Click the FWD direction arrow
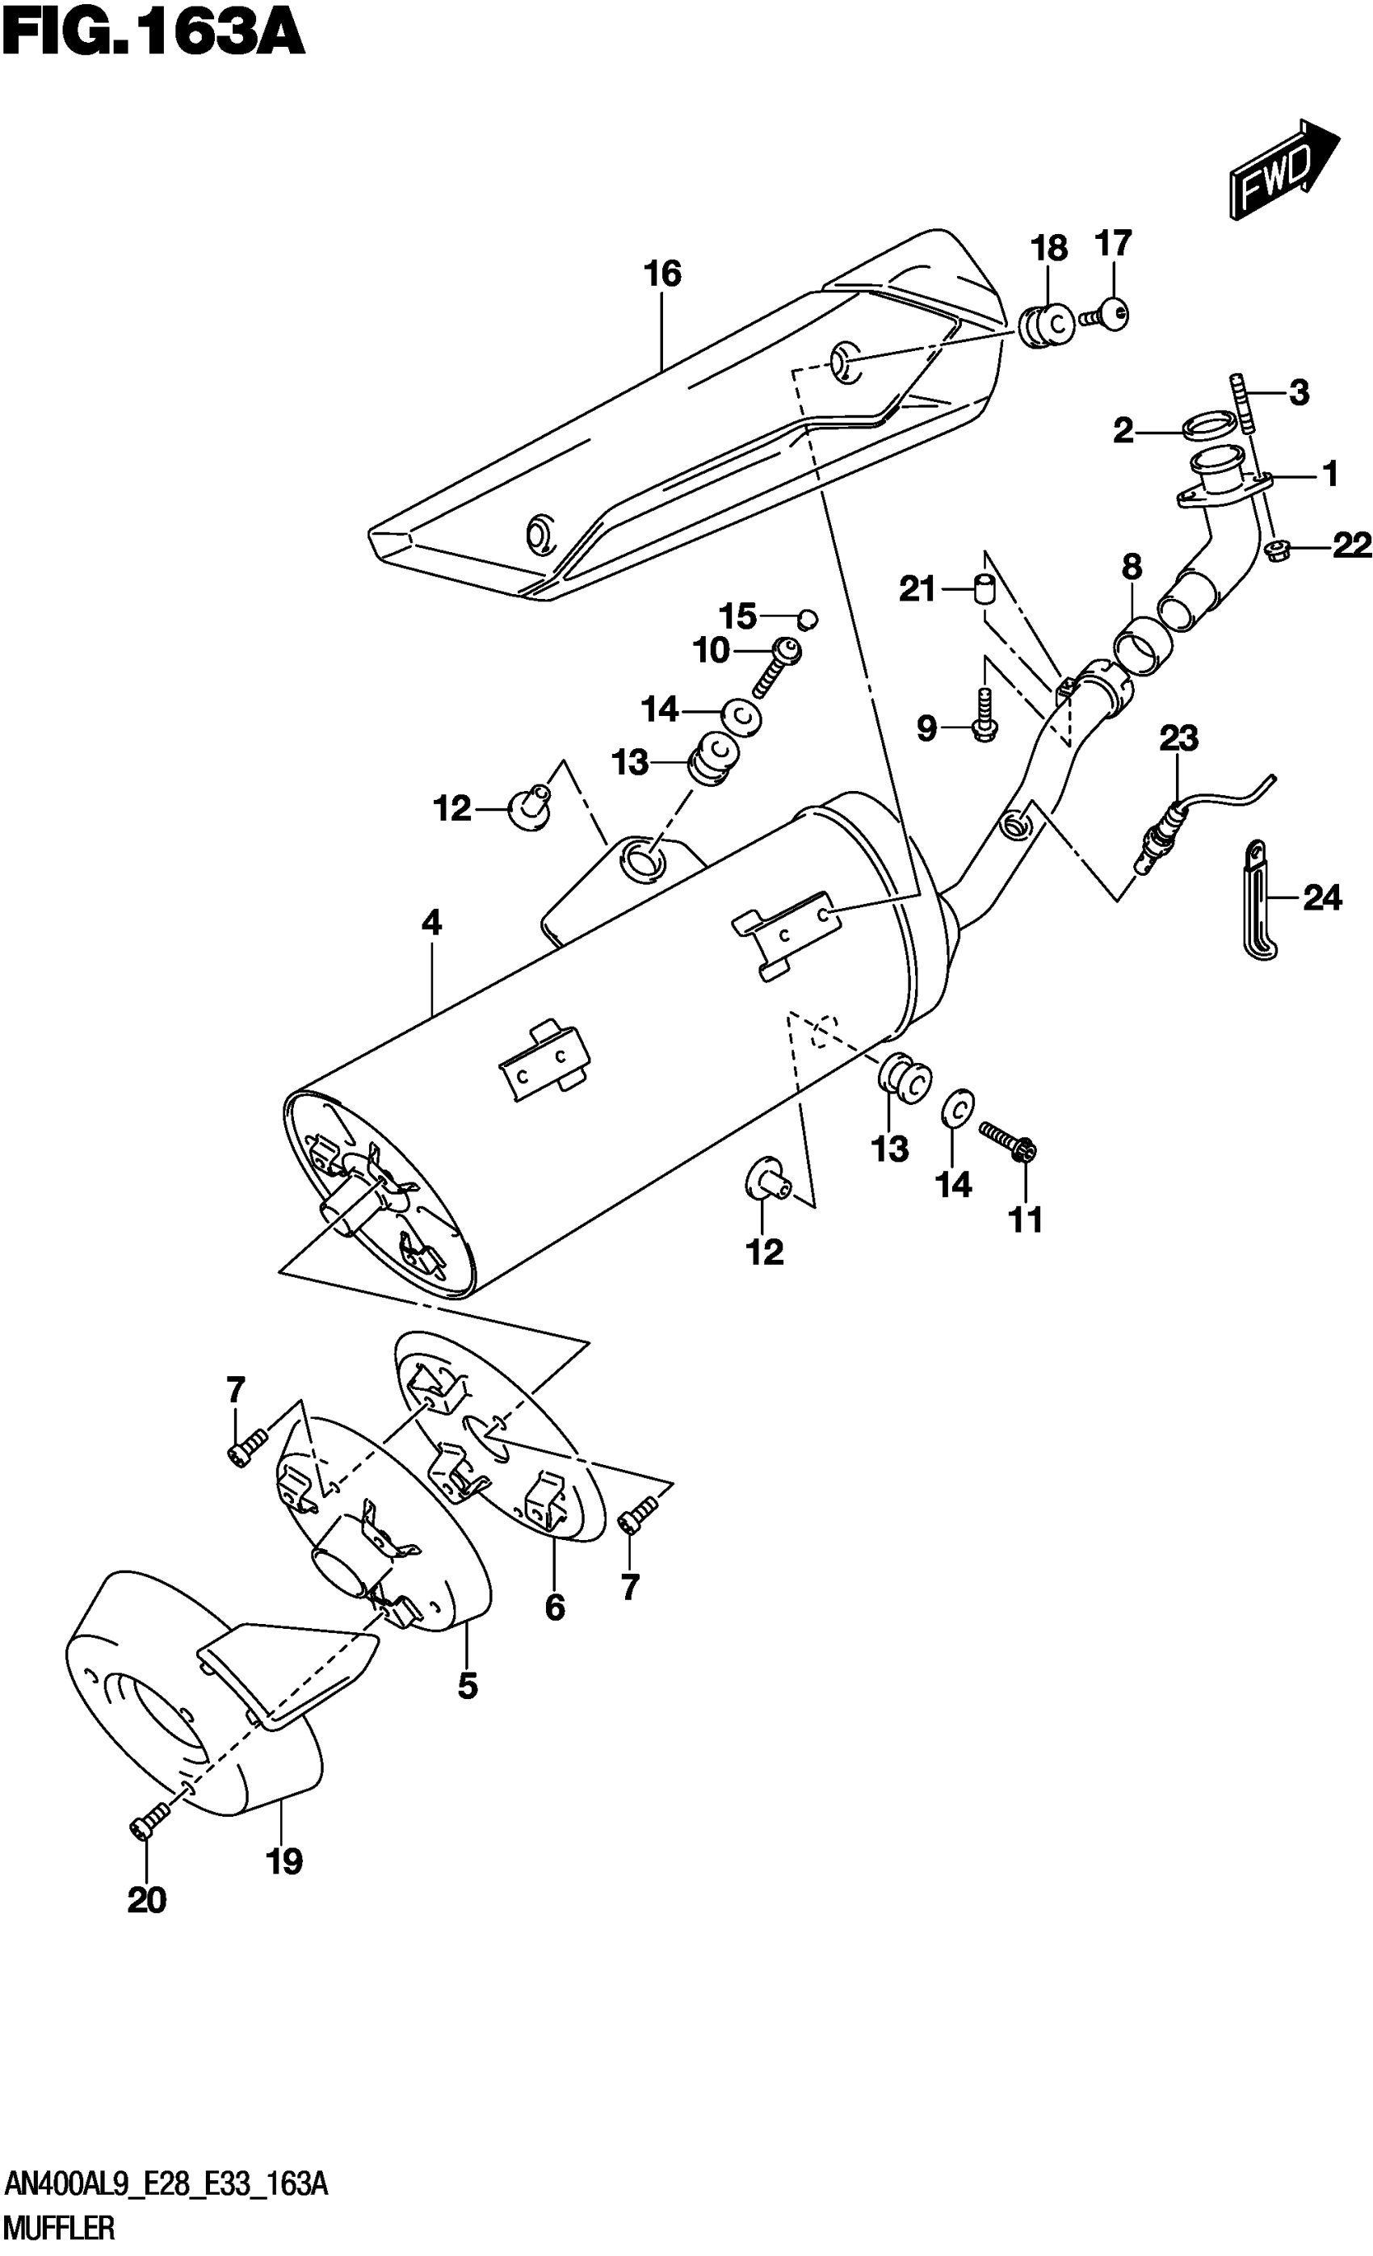coord(1283,171)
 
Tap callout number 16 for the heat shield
coord(662,274)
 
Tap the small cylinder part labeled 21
coord(983,586)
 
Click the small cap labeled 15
coord(807,619)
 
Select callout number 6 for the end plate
coord(554,1607)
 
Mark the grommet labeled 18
coord(1046,325)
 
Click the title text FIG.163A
coord(151,39)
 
